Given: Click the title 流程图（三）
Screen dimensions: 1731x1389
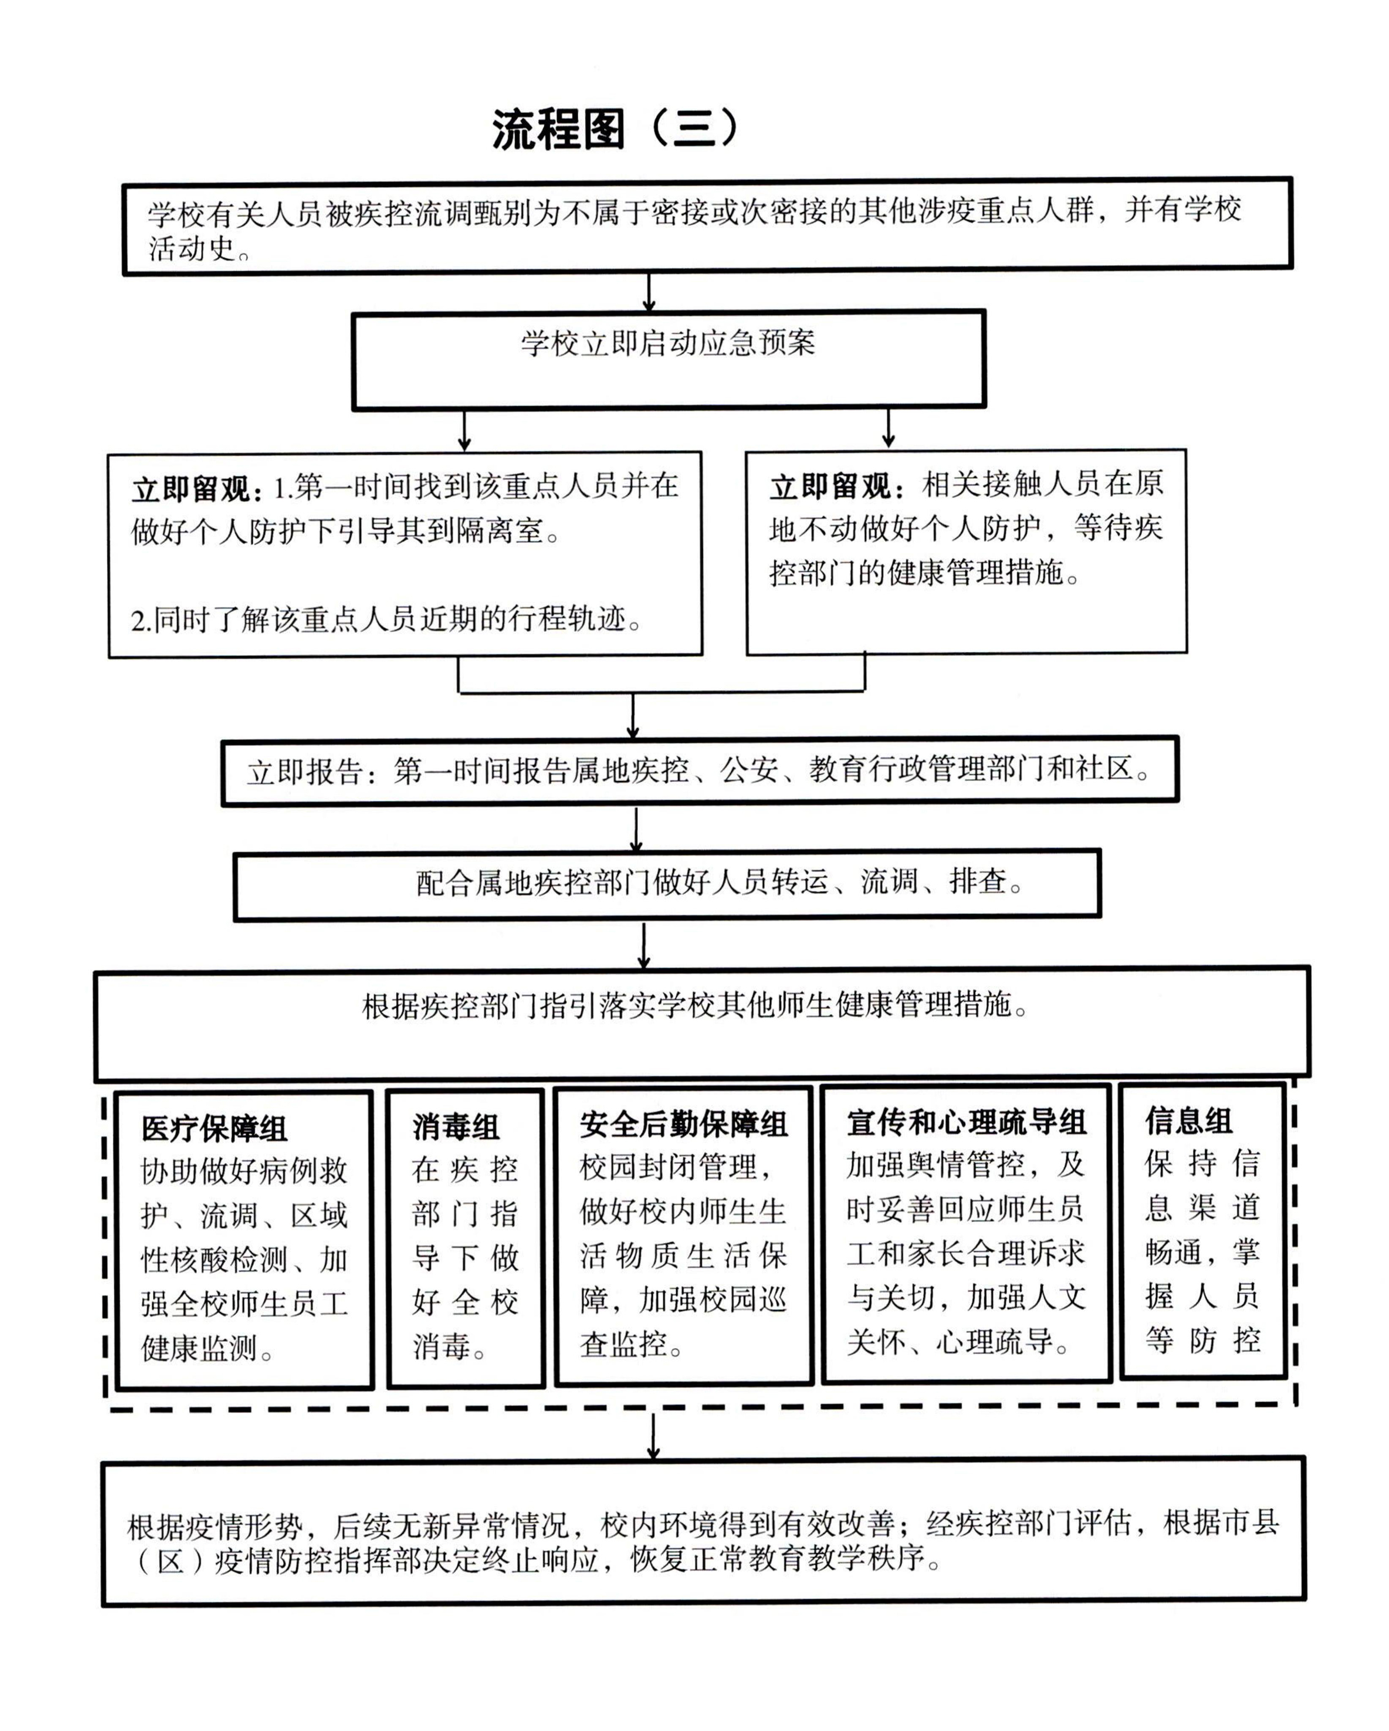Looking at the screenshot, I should click(614, 128).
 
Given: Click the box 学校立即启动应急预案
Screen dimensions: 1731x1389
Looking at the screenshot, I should click(668, 359).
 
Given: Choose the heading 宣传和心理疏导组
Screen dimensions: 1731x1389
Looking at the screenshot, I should click(966, 1122).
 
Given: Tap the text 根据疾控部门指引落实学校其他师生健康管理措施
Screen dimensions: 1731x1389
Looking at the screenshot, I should click(695, 1005).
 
